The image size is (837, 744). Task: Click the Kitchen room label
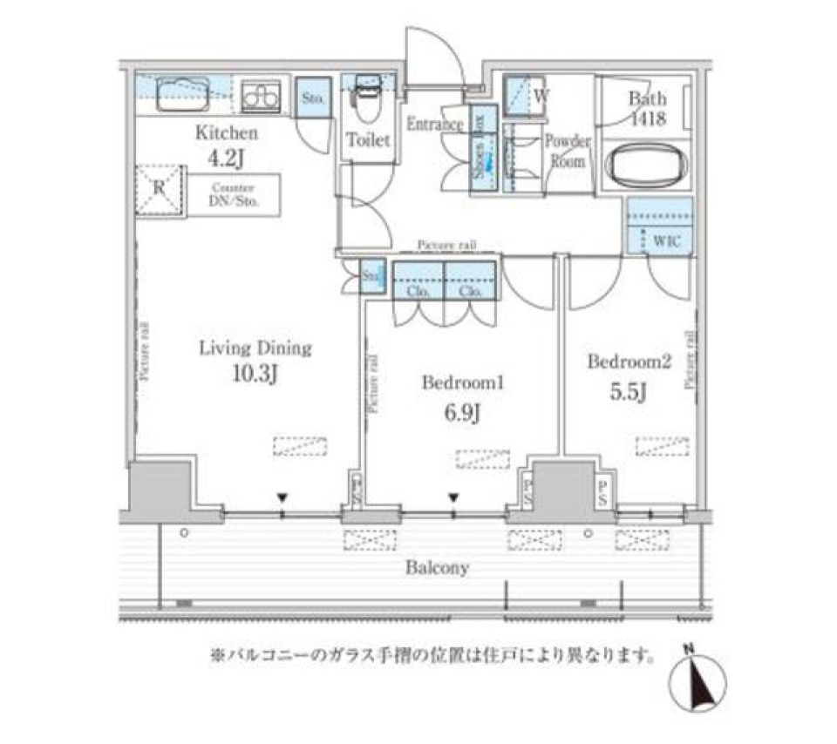pos(226,133)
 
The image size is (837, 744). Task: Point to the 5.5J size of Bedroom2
pos(628,393)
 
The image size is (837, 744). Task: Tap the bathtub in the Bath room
pos(647,165)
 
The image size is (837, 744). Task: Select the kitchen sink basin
pos(182,93)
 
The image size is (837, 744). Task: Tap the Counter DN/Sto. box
pos(232,196)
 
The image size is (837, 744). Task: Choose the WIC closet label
pos(667,240)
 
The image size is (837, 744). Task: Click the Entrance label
pos(433,125)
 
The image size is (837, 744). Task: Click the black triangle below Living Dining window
pos(282,497)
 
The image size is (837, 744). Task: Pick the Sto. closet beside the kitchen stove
pos(313,98)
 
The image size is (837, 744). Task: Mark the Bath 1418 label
pos(647,109)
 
